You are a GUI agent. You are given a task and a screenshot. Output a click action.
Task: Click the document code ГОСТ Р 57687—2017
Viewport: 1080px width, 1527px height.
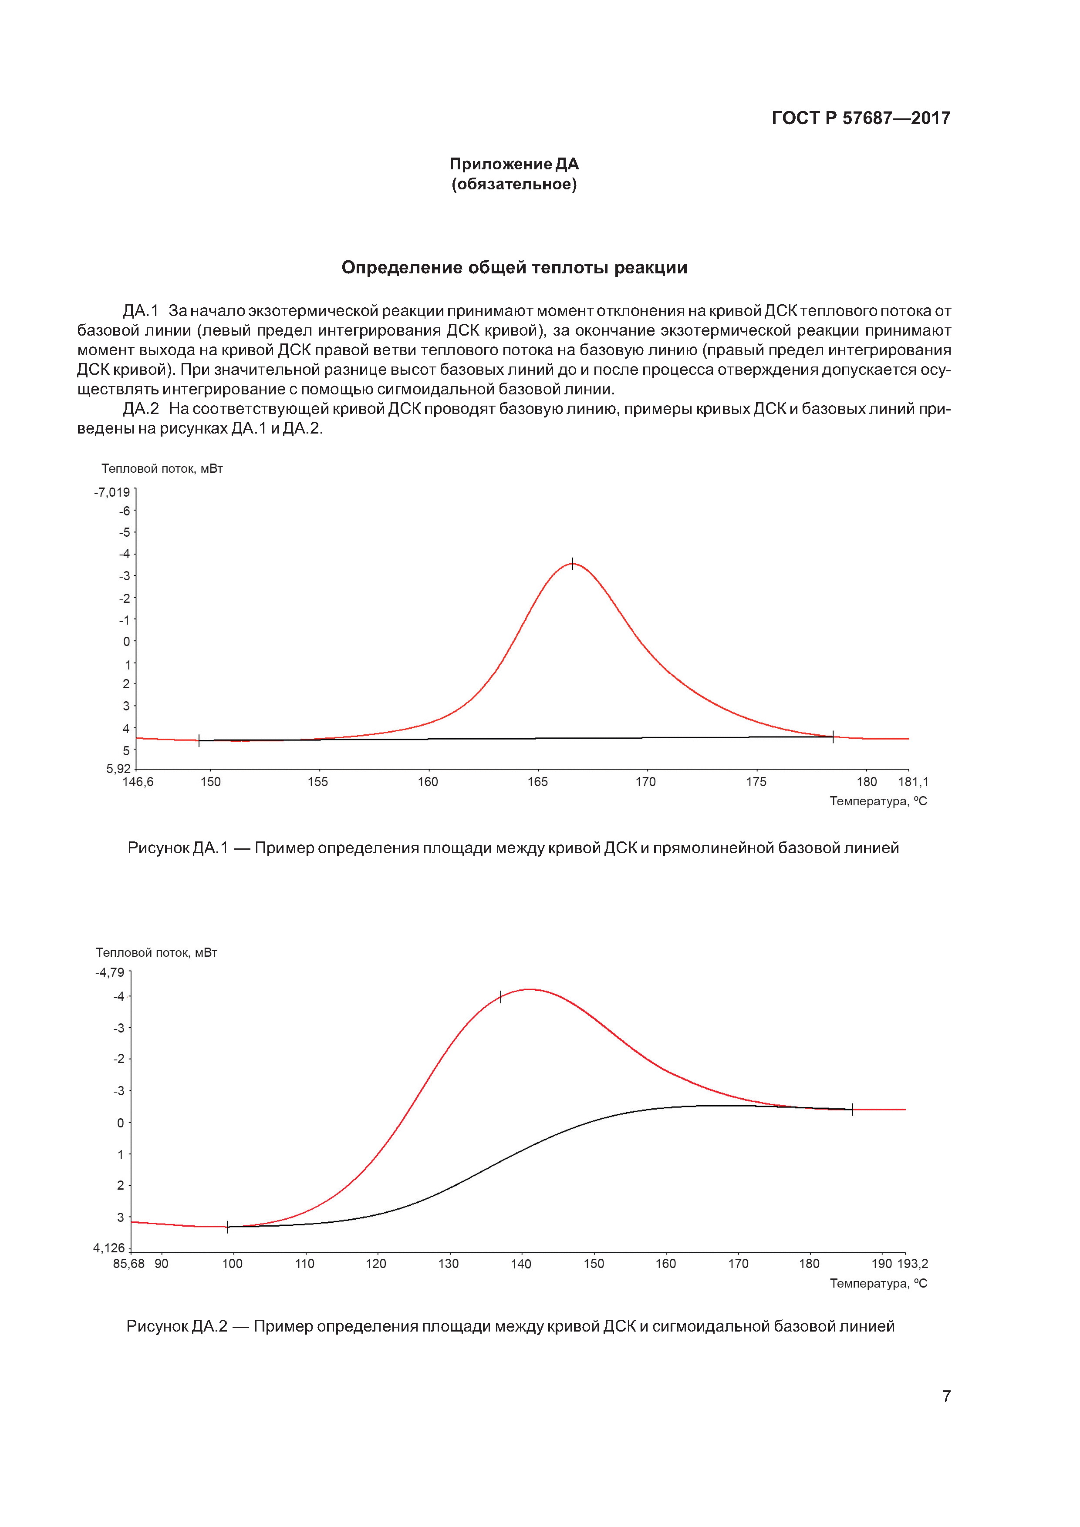[x=861, y=118]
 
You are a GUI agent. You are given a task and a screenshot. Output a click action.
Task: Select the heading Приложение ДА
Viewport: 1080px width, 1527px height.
[x=514, y=164]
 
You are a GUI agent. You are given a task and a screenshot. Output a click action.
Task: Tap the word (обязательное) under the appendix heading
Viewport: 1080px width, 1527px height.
[x=514, y=184]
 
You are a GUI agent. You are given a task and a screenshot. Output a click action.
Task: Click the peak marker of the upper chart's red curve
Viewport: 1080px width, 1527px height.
[x=572, y=563]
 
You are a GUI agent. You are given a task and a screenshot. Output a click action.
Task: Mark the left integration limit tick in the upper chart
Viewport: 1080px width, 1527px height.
[x=199, y=740]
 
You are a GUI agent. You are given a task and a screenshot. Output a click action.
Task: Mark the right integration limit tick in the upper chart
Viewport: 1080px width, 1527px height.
[x=833, y=736]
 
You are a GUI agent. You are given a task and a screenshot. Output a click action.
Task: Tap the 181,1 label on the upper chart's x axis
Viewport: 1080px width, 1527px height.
[x=913, y=782]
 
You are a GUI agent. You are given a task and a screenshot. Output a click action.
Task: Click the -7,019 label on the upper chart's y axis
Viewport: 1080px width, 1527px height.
[x=112, y=492]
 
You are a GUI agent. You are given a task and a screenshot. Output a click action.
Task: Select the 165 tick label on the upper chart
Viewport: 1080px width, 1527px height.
[x=538, y=782]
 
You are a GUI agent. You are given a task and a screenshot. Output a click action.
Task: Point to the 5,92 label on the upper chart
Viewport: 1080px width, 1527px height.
[x=118, y=769]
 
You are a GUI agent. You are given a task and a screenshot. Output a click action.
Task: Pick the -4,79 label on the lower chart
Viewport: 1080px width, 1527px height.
[x=110, y=972]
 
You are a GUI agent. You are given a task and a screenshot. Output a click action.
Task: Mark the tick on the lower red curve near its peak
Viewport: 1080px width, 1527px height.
[x=500, y=997]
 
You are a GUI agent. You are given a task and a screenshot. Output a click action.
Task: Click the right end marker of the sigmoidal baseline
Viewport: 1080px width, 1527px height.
[x=852, y=1109]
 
